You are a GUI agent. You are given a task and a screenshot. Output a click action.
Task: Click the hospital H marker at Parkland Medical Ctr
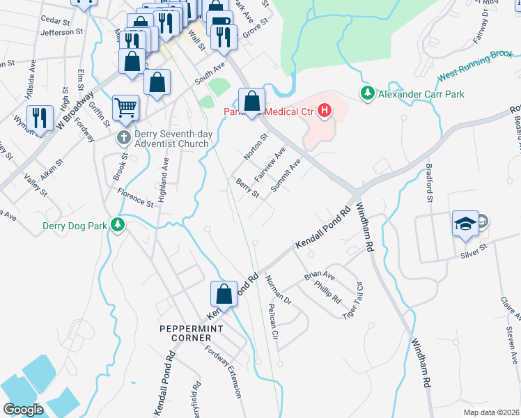click(324, 110)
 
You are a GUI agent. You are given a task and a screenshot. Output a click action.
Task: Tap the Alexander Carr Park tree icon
click(367, 93)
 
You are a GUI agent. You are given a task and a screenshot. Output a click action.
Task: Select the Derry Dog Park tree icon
click(119, 224)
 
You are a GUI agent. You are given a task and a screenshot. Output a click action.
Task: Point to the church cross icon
click(124, 137)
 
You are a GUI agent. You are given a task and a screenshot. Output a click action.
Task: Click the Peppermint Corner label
click(185, 333)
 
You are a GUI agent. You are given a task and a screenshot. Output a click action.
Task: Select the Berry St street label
click(247, 189)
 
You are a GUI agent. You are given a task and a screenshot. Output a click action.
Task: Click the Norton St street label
click(255, 147)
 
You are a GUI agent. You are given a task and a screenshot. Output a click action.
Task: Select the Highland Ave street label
click(164, 180)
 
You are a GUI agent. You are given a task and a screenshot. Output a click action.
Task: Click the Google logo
click(23, 410)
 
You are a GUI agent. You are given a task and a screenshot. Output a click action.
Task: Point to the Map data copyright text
click(490, 412)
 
